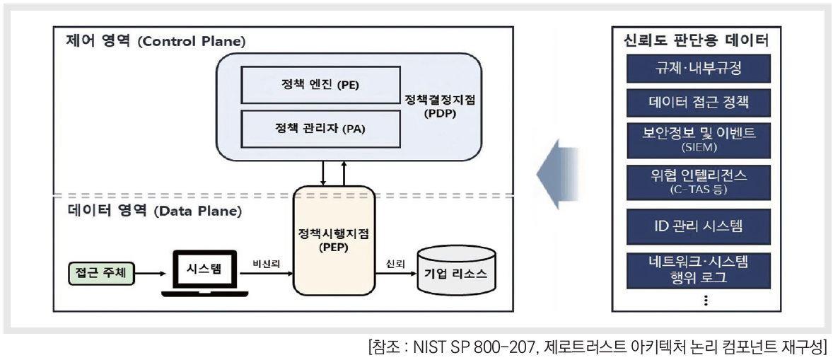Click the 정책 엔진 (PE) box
(319, 86)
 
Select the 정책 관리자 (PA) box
(319, 129)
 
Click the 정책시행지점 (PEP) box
(334, 240)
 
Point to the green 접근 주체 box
(100, 272)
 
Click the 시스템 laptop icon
(205, 273)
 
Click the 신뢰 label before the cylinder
(395, 263)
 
